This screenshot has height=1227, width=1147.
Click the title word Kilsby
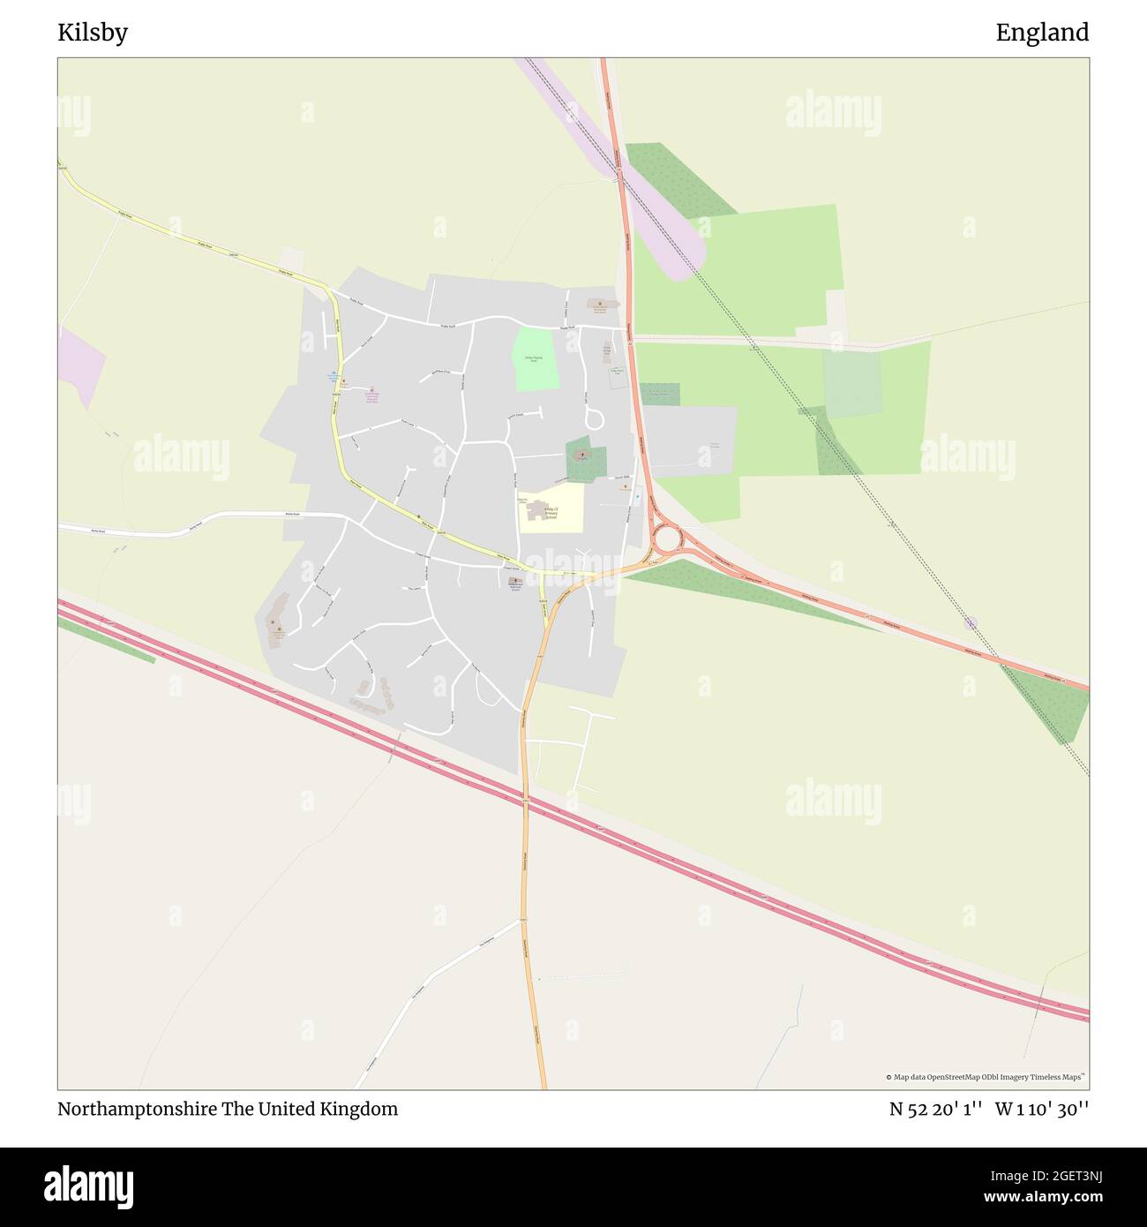tap(93, 33)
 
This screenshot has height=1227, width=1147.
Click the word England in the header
tap(1042, 33)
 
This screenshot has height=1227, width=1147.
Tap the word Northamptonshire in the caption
tap(137, 1109)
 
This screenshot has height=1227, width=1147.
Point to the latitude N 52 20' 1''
tap(936, 1110)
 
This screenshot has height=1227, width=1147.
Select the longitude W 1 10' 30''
tap(1042, 1110)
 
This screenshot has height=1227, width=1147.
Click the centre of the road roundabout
tap(666, 537)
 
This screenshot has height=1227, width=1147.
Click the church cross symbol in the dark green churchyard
tap(582, 456)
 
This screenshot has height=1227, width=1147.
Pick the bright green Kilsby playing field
tap(535, 359)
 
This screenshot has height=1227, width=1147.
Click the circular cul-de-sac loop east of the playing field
tap(594, 418)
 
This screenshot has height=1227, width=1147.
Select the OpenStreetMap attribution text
tap(986, 1077)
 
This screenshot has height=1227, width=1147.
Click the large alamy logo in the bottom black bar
tap(89, 1186)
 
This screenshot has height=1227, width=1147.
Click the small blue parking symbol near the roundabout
tap(637, 498)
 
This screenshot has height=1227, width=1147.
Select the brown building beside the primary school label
tap(536, 509)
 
